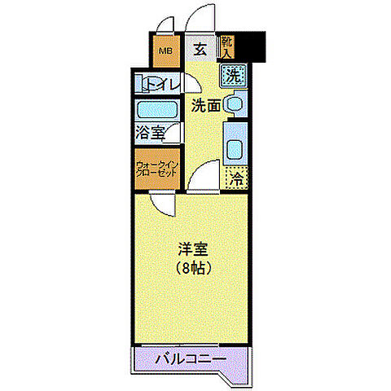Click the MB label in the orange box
[165, 53]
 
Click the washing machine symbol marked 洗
[233, 78]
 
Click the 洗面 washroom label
[205, 105]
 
